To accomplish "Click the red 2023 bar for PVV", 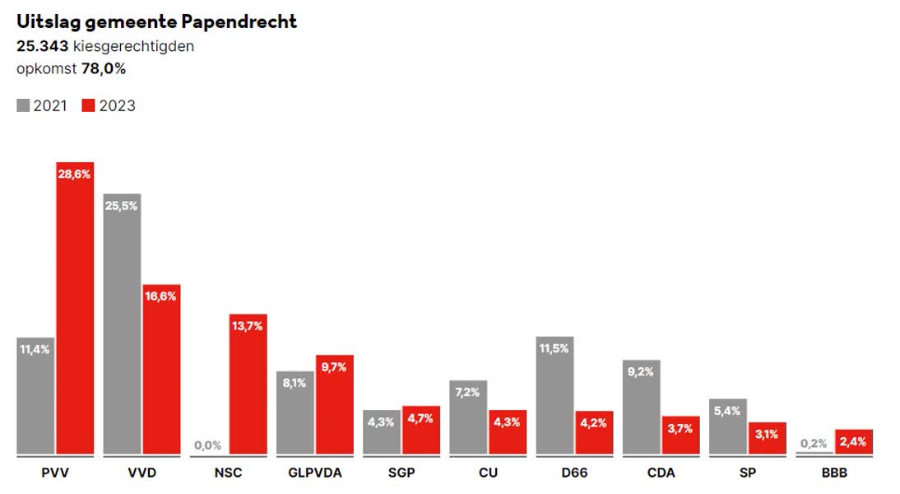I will [x=75, y=309].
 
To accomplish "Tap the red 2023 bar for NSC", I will [x=248, y=384].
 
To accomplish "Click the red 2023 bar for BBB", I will [x=853, y=441].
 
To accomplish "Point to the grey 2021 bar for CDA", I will [x=641, y=407].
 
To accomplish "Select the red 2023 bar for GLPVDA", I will [x=335, y=404].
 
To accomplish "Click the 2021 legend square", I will [x=23, y=105].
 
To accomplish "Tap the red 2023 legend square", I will [x=89, y=105].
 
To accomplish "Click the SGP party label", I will [x=401, y=473].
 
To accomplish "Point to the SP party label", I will [x=747, y=473].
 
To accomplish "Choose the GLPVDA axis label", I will [x=314, y=473].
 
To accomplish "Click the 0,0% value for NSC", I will [x=207, y=445].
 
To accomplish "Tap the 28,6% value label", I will [x=75, y=174].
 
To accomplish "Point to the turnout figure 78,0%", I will [x=104, y=69].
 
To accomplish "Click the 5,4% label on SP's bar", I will [x=727, y=411].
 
